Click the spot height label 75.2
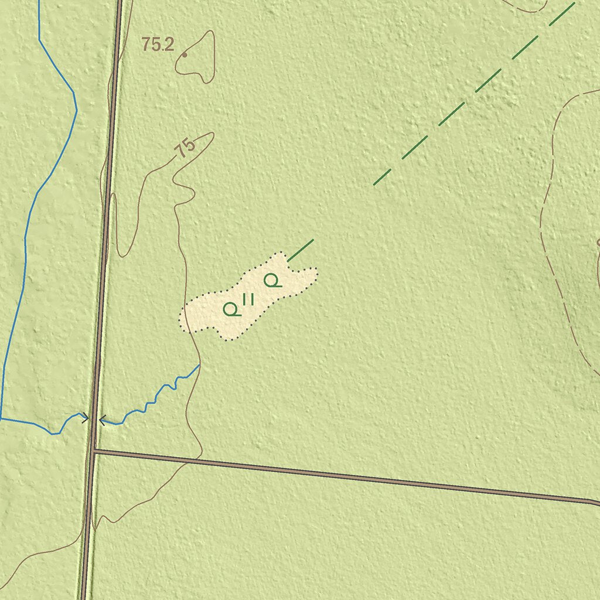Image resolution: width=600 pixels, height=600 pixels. click(158, 45)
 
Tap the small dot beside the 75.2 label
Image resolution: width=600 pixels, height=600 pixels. click(185, 55)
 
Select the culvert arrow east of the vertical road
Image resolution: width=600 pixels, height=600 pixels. click(103, 420)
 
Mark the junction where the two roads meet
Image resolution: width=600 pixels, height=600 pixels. click(94, 451)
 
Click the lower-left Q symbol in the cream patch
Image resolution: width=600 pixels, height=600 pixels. click(232, 309)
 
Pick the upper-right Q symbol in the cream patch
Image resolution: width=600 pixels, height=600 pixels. click(272, 281)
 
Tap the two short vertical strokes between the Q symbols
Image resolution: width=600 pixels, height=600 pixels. click(248, 299)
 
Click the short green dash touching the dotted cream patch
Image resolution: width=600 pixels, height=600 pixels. click(301, 250)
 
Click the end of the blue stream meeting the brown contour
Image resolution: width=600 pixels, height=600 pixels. click(199, 366)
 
